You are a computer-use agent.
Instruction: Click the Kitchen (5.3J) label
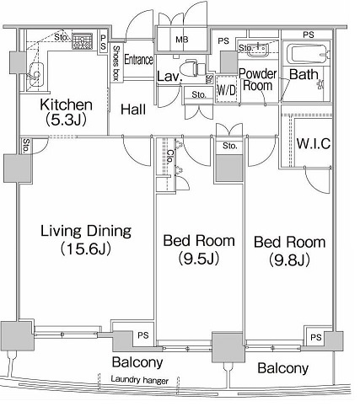coord(67,112)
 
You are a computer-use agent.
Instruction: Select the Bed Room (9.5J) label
coord(199,249)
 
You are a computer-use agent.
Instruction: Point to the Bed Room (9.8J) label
coord(290,250)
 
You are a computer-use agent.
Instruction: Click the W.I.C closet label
coord(314,143)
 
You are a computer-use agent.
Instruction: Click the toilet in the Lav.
coord(192,68)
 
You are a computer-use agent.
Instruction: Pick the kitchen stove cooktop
coord(83,41)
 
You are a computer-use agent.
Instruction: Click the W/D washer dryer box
coord(227,90)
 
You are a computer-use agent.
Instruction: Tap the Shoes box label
coord(116,63)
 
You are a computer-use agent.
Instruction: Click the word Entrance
coord(139,60)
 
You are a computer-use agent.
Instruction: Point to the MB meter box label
coord(182,40)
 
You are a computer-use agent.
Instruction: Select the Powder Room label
coord(258,79)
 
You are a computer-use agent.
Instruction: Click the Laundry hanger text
coord(140,380)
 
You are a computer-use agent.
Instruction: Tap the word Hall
coord(133,110)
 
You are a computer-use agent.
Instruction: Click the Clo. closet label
coord(169,157)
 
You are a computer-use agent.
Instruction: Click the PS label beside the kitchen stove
coord(103,42)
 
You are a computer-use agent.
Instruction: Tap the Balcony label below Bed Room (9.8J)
coord(282,368)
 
